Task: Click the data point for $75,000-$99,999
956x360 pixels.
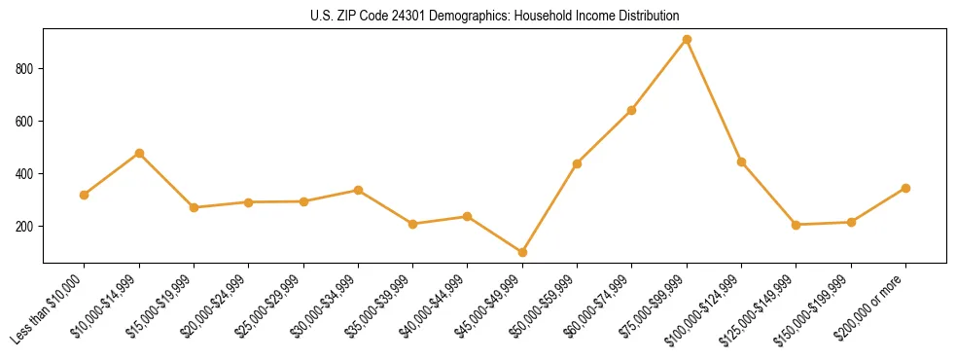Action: point(687,40)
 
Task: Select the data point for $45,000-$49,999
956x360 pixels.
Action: point(522,252)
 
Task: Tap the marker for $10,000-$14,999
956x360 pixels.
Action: point(139,153)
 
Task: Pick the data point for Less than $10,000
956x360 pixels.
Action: point(85,195)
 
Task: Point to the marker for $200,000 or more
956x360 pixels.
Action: point(905,188)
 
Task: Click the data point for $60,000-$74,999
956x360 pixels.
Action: point(632,110)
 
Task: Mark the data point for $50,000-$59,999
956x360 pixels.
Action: point(578,163)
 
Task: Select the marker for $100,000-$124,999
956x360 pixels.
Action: point(741,162)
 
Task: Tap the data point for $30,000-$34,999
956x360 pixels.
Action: point(358,190)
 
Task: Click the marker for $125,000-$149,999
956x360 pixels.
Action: point(797,225)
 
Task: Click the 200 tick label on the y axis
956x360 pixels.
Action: point(27,227)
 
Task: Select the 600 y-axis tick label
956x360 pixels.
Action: point(27,122)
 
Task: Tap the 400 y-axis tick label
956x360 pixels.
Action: point(27,174)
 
